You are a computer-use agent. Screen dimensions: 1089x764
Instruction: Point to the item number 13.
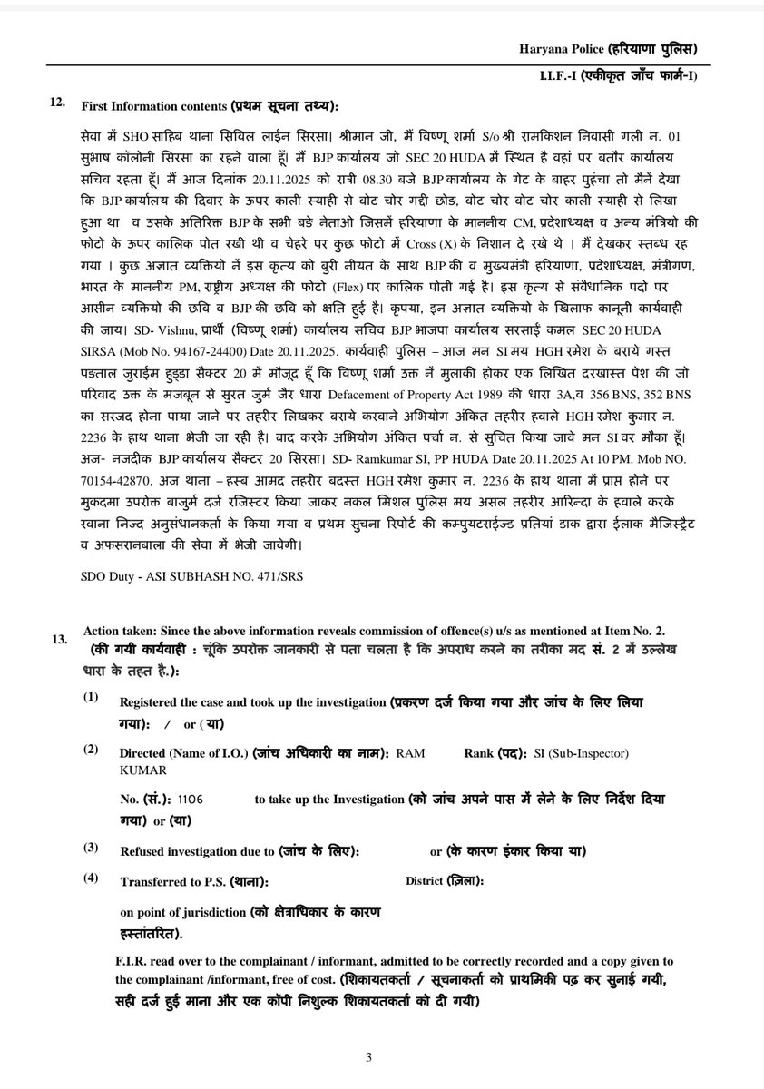point(59,639)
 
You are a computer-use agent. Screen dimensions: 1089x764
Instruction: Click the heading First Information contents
point(154,105)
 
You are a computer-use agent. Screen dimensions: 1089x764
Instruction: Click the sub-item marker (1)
point(90,697)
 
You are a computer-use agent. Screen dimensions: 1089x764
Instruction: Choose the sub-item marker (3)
point(90,847)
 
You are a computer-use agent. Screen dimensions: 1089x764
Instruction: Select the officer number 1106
point(191,799)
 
